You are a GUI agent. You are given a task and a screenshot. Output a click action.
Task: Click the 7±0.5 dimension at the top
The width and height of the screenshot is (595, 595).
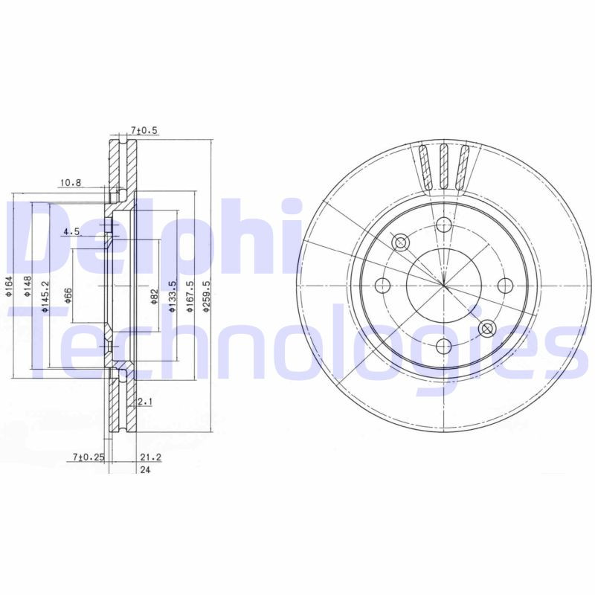pyautogui.click(x=144, y=130)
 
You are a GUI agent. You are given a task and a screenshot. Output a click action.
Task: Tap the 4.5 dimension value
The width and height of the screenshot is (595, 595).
pyautogui.click(x=72, y=231)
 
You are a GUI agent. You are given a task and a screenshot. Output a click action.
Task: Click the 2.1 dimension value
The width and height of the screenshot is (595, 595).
pyautogui.click(x=145, y=402)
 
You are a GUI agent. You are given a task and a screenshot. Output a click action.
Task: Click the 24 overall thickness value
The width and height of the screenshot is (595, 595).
pyautogui.click(x=144, y=469)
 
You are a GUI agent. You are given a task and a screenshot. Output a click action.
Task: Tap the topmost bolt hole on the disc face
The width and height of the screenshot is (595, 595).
pyautogui.click(x=443, y=225)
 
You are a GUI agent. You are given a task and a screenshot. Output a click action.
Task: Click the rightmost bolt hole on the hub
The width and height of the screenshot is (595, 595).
pyautogui.click(x=504, y=285)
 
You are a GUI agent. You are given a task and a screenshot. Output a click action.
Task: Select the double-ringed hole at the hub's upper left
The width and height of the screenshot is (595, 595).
pyautogui.click(x=400, y=242)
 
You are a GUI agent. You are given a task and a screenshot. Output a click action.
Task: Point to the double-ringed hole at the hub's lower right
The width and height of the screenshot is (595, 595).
pyautogui.click(x=486, y=328)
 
